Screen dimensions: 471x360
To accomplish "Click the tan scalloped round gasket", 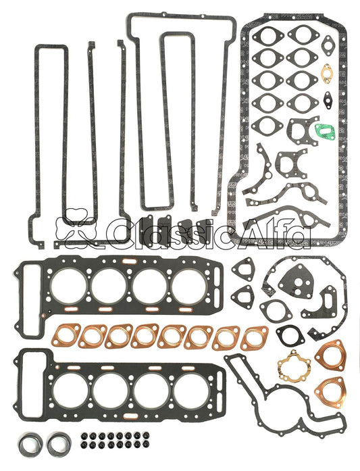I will (x=292, y=366).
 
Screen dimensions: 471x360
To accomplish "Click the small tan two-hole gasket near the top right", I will (x=328, y=71).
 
